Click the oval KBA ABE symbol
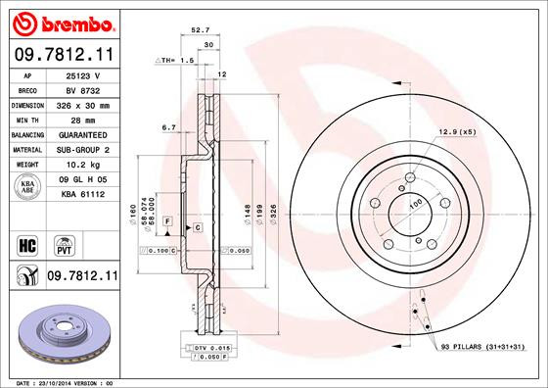[x=28, y=186]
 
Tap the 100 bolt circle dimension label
[x=414, y=203]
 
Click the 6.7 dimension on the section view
[x=167, y=126]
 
